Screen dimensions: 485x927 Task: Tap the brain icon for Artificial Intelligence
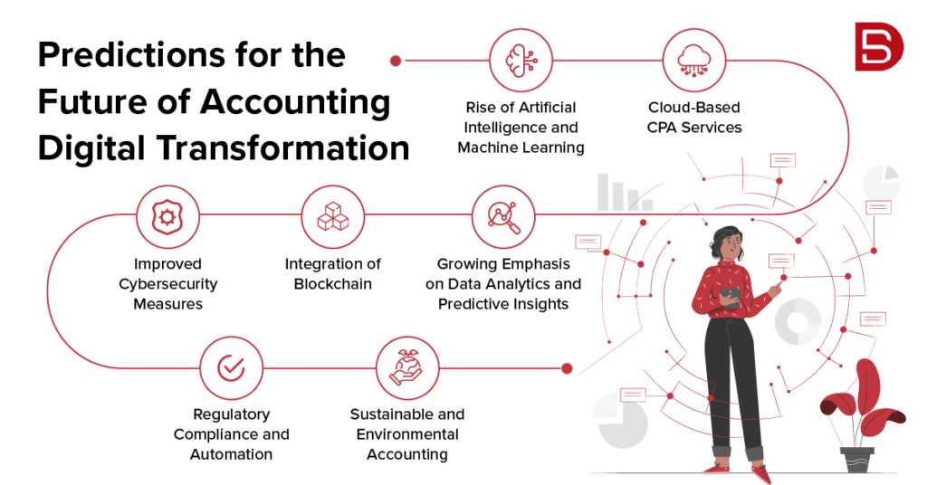[x=521, y=61]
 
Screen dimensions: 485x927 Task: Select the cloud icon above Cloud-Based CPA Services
[x=695, y=61]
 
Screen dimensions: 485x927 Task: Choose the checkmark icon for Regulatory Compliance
[x=231, y=368]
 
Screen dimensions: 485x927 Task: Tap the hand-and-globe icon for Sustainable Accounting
[x=406, y=368]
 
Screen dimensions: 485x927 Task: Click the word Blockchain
[x=333, y=284]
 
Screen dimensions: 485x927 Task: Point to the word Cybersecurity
[x=168, y=284]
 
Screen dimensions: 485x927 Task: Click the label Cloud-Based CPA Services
[x=694, y=118]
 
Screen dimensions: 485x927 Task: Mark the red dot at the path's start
[x=396, y=61]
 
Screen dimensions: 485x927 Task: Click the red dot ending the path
[x=568, y=368]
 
